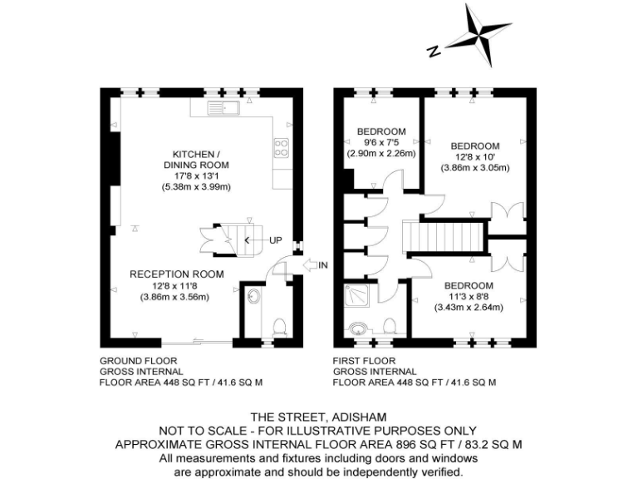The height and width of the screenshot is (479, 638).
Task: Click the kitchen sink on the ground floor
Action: click(224, 107)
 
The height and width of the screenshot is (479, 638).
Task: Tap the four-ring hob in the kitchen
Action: click(281, 148)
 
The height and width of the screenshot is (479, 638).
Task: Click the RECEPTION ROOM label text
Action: click(176, 274)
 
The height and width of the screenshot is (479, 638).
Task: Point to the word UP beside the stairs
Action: click(276, 240)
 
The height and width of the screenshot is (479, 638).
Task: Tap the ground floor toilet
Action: click(280, 324)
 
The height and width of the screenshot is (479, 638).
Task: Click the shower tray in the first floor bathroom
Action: click(359, 294)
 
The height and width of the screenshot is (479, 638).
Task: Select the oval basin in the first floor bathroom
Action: click(360, 328)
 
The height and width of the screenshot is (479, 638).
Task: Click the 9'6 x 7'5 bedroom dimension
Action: click(381, 142)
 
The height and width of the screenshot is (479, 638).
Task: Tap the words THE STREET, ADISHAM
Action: click(318, 417)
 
